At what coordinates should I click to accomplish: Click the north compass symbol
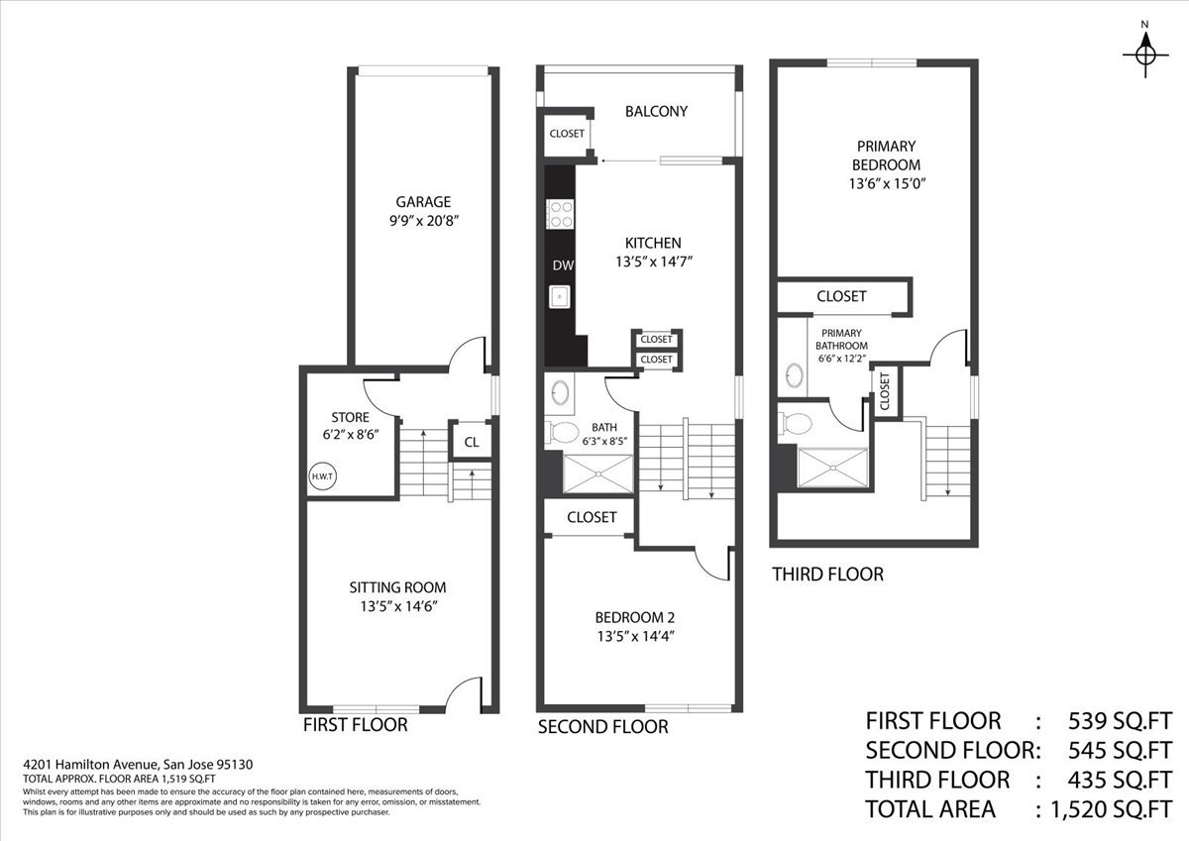tap(1145, 52)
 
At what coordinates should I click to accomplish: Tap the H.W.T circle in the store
tap(322, 476)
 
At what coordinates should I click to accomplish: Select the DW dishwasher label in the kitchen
tap(562, 264)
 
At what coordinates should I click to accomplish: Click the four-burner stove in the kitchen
tap(561, 214)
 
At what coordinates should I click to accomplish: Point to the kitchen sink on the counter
tap(561, 295)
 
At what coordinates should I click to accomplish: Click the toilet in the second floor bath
tap(563, 432)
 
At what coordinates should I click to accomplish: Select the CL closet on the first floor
tap(472, 442)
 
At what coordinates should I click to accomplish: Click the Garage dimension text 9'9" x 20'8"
tap(425, 221)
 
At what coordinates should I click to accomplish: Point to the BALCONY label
tap(656, 112)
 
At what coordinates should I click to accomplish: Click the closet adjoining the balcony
tap(567, 134)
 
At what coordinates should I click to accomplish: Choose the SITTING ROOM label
tap(397, 587)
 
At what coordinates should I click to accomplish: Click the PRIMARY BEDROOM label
tap(886, 156)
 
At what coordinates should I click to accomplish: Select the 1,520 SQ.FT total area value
tap(1106, 809)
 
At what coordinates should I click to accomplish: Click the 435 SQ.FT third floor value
tap(1120, 779)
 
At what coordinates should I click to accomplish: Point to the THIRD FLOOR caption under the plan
tap(827, 574)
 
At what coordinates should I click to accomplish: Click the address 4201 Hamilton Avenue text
tap(90, 764)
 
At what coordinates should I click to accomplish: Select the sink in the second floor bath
tap(560, 392)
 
